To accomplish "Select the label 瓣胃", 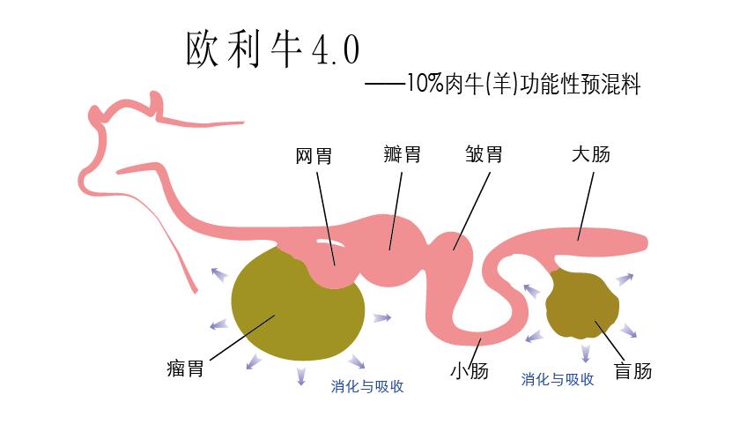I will click(402, 155).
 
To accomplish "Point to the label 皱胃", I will click(484, 155).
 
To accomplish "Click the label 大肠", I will click(590, 155).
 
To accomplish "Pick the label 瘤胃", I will click(184, 368).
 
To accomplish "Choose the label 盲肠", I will click(632, 370).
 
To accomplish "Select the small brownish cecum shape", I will click(582, 305).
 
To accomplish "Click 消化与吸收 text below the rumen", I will click(367, 386).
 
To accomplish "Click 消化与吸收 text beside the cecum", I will click(557, 379).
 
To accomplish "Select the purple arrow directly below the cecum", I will click(585, 354).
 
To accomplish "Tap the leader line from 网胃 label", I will click(325, 216).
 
